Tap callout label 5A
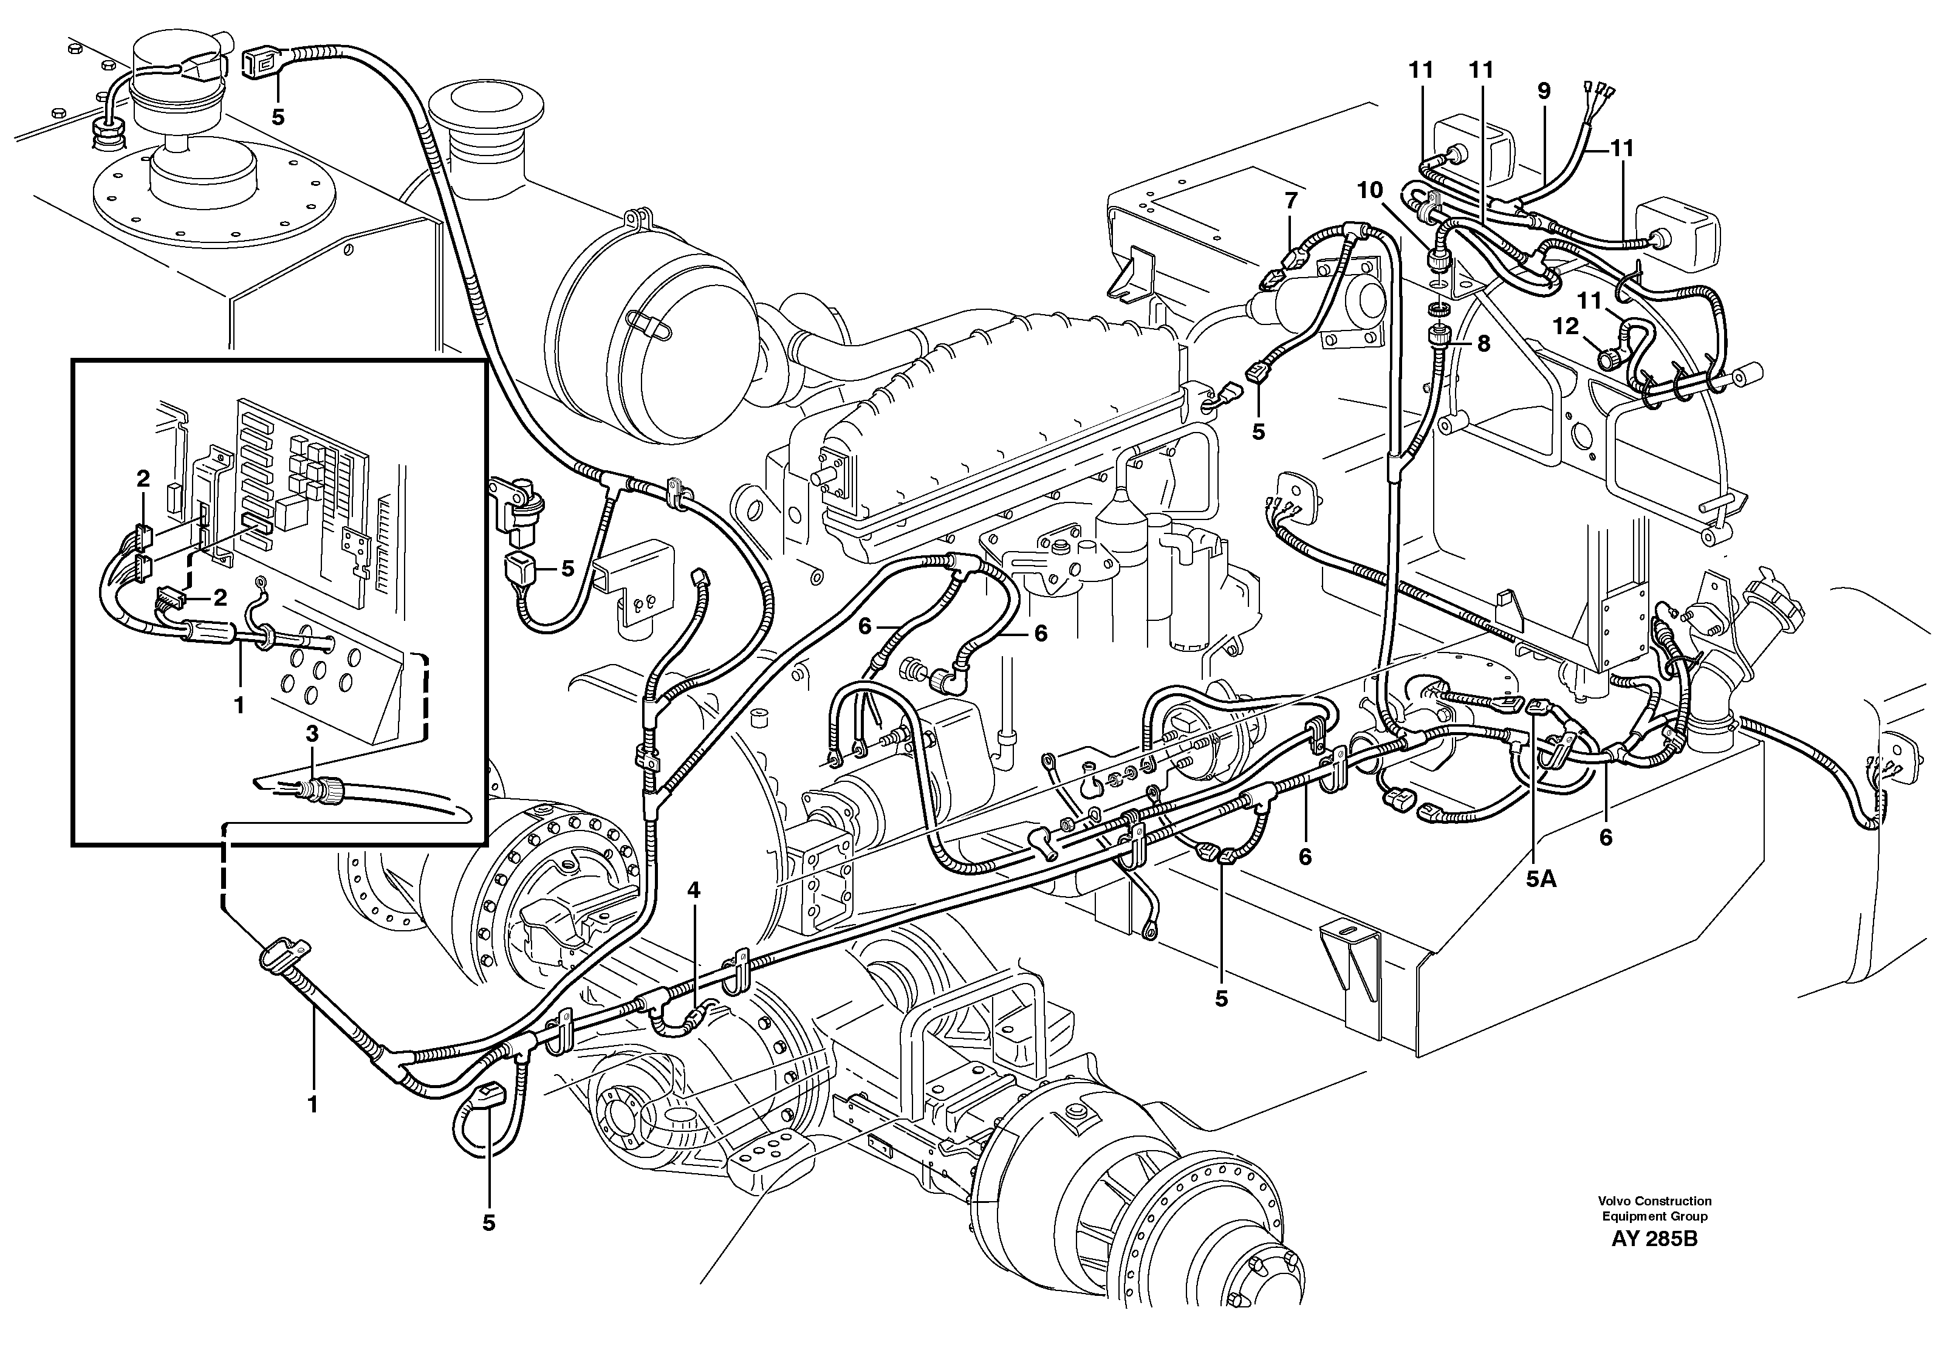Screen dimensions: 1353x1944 1541,879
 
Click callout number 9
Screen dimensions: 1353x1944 1544,91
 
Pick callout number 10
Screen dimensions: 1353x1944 1369,191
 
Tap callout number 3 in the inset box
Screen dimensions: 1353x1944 312,733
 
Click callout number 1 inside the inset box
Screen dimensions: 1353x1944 239,704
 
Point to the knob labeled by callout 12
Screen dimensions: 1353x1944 1607,359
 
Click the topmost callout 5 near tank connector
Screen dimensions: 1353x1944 278,117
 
